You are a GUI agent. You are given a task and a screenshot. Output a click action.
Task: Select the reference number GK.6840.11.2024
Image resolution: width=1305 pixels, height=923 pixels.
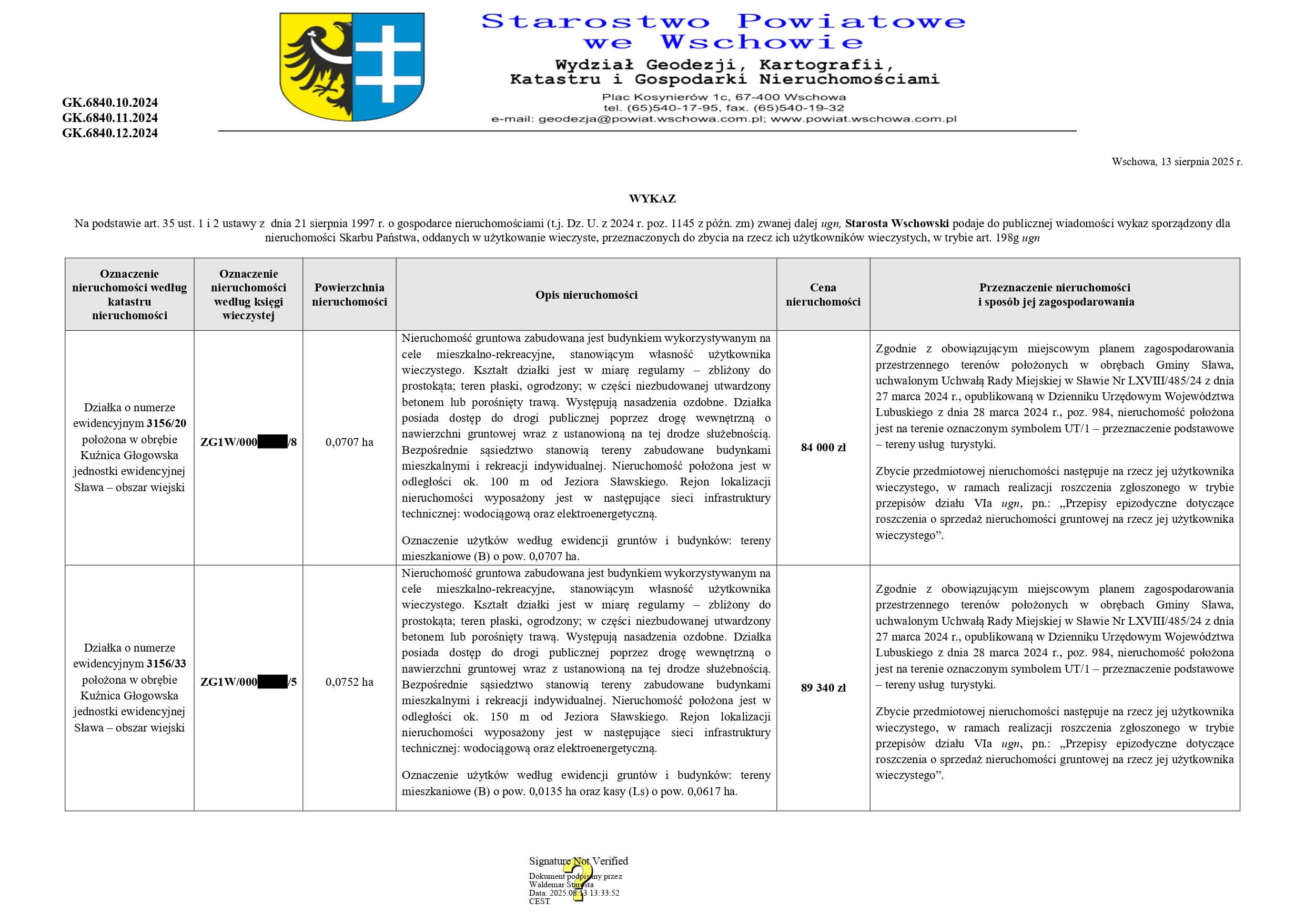[110, 118]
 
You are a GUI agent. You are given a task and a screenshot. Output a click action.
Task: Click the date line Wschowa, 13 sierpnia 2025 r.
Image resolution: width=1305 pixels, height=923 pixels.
[1177, 161]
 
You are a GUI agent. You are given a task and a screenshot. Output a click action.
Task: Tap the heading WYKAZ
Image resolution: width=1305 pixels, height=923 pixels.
[652, 198]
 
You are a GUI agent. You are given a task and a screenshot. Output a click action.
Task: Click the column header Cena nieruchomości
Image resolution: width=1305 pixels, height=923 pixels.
[823, 295]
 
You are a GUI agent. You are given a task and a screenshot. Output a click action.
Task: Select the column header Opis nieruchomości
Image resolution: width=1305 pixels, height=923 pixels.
[586, 295]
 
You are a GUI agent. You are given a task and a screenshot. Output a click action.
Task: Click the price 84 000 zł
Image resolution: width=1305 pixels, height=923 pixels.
[823, 447]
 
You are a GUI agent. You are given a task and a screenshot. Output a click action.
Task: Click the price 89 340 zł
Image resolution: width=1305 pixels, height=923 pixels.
[823, 688]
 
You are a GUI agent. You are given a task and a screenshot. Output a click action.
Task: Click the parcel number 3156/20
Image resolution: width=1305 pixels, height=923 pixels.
[167, 423]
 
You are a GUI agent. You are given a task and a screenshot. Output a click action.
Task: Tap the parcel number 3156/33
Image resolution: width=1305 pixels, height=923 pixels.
[167, 664]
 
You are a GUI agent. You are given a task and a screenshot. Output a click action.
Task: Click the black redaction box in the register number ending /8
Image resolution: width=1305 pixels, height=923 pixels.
[272, 442]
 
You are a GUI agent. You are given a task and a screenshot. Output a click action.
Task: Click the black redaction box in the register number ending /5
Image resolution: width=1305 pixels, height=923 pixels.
[272, 682]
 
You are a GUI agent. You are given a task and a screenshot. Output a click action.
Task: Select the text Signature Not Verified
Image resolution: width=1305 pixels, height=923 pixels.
[578, 861]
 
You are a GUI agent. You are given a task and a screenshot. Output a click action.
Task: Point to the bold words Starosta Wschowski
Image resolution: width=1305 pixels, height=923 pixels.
[896, 224]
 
